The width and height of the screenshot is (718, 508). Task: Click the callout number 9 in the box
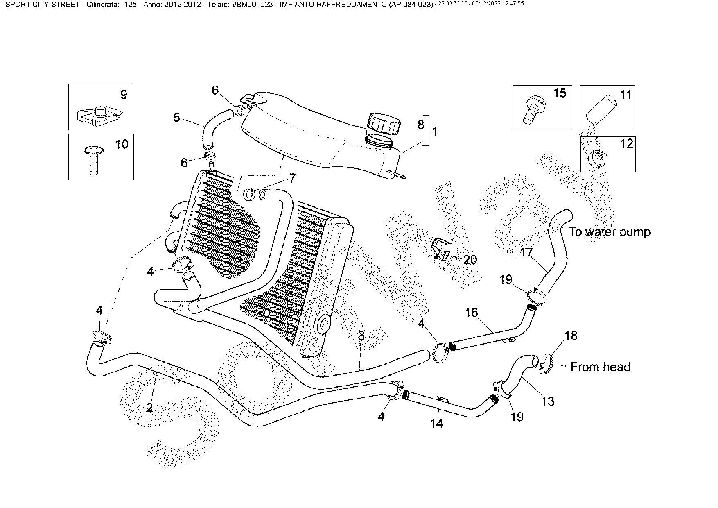tap(123, 95)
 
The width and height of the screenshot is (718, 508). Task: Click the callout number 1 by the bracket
tap(435, 132)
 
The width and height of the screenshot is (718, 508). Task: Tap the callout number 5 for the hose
tap(176, 118)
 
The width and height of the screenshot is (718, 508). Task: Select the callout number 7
tap(292, 178)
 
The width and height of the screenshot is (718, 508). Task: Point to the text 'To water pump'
tap(609, 232)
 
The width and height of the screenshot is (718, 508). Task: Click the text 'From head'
tap(600, 367)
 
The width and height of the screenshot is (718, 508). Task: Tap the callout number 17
tap(526, 252)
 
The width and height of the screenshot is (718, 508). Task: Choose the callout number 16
tap(471, 313)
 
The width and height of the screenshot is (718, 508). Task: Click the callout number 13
tap(548, 401)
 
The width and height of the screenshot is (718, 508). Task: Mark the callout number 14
tap(437, 423)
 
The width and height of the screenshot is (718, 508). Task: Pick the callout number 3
tap(361, 336)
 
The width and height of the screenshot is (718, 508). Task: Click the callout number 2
tap(149, 407)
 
